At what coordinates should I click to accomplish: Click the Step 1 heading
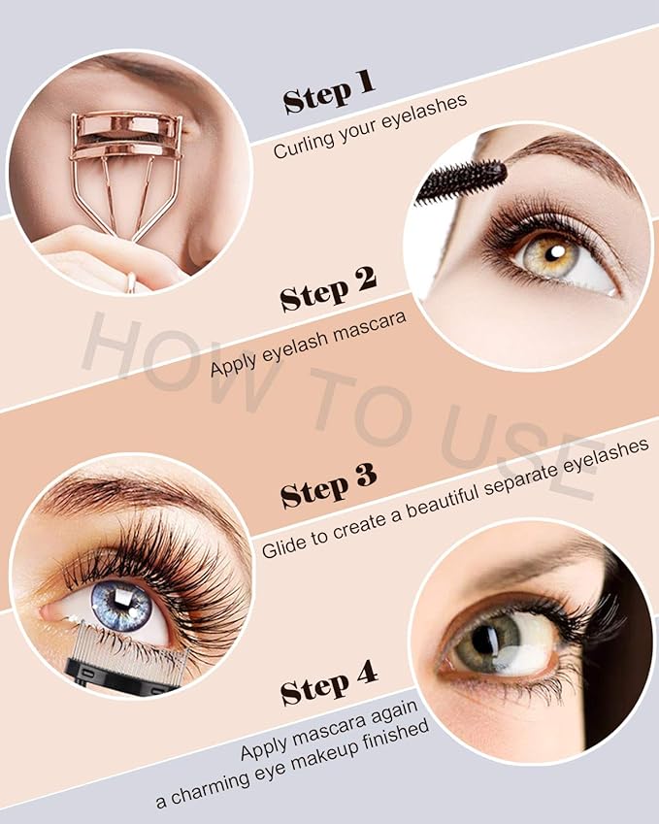tap(327, 93)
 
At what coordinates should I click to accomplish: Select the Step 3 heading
tap(327, 487)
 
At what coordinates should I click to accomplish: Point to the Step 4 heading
tap(328, 687)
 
